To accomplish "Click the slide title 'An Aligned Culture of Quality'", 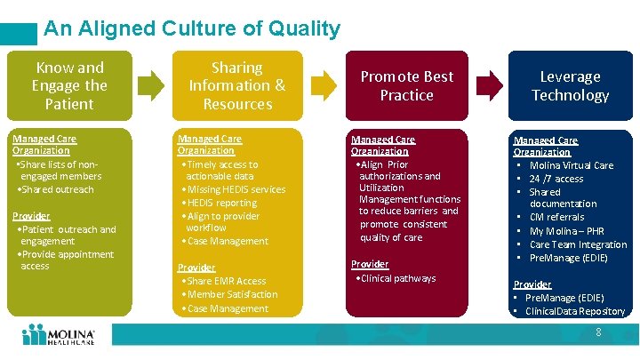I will pyautogui.click(x=191, y=28).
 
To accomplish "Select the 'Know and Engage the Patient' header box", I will pyautogui.click(x=68, y=85).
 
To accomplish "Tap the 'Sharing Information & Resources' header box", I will pyautogui.click(x=236, y=85).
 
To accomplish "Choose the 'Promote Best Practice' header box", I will pyautogui.click(x=406, y=85).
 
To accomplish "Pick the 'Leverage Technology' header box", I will pyautogui.click(x=570, y=85).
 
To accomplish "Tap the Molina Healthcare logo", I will pyautogui.click(x=59, y=335).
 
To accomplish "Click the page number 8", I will pyautogui.click(x=598, y=332).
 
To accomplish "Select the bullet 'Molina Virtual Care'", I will pyautogui.click(x=571, y=165).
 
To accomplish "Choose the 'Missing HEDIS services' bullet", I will pyautogui.click(x=236, y=189).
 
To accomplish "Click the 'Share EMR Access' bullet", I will pyautogui.click(x=226, y=281).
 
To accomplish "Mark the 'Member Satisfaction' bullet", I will pyautogui.click(x=231, y=294).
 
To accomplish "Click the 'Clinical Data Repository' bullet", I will pyautogui.click(x=574, y=311).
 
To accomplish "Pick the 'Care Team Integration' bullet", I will pyautogui.click(x=578, y=244).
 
